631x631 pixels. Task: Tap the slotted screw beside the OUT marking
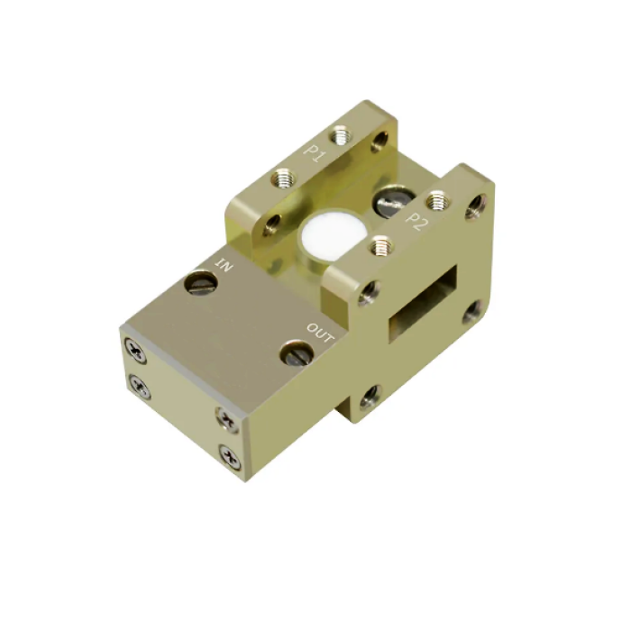[294, 352]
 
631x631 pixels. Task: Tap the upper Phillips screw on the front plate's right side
[225, 417]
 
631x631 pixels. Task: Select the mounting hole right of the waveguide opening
[471, 314]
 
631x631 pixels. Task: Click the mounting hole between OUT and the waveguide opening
[368, 289]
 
